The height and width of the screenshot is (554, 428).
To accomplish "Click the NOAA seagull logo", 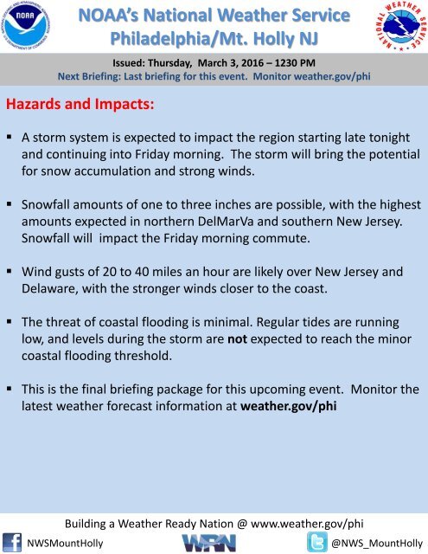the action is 26,26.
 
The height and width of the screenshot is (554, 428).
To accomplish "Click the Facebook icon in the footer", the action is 12,543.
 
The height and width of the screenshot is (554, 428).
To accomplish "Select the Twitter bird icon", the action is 316,543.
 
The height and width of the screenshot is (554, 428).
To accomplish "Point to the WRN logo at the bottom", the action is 209,543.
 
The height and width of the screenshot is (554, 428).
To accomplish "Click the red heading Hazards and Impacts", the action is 80,104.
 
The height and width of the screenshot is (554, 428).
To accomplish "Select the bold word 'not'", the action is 237,338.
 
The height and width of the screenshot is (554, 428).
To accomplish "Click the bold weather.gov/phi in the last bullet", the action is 288,406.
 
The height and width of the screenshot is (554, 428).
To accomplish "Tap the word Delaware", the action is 49,288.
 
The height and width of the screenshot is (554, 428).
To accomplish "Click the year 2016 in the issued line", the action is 252,63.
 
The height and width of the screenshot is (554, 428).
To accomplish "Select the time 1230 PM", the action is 295,63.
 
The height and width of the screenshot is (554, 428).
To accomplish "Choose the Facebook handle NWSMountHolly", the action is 65,543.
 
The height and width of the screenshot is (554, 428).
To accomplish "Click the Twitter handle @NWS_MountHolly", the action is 377,543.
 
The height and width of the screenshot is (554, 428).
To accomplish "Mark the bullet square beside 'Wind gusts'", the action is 10,271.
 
